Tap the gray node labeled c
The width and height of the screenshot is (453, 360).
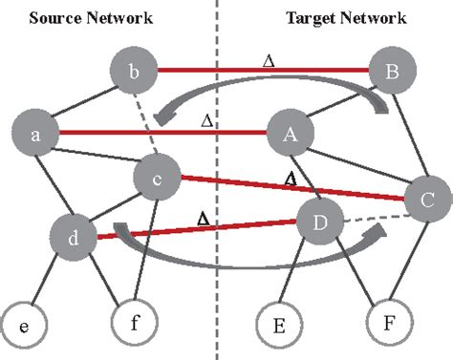(x=157, y=177)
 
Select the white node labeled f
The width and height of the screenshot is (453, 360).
(x=135, y=322)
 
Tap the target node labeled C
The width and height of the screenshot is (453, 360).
(x=427, y=200)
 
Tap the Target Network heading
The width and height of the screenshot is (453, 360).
(x=346, y=17)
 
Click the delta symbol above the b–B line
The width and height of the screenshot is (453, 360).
(x=268, y=60)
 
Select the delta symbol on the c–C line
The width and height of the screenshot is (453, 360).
(x=291, y=178)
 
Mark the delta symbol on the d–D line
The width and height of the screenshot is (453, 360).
(x=203, y=219)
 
